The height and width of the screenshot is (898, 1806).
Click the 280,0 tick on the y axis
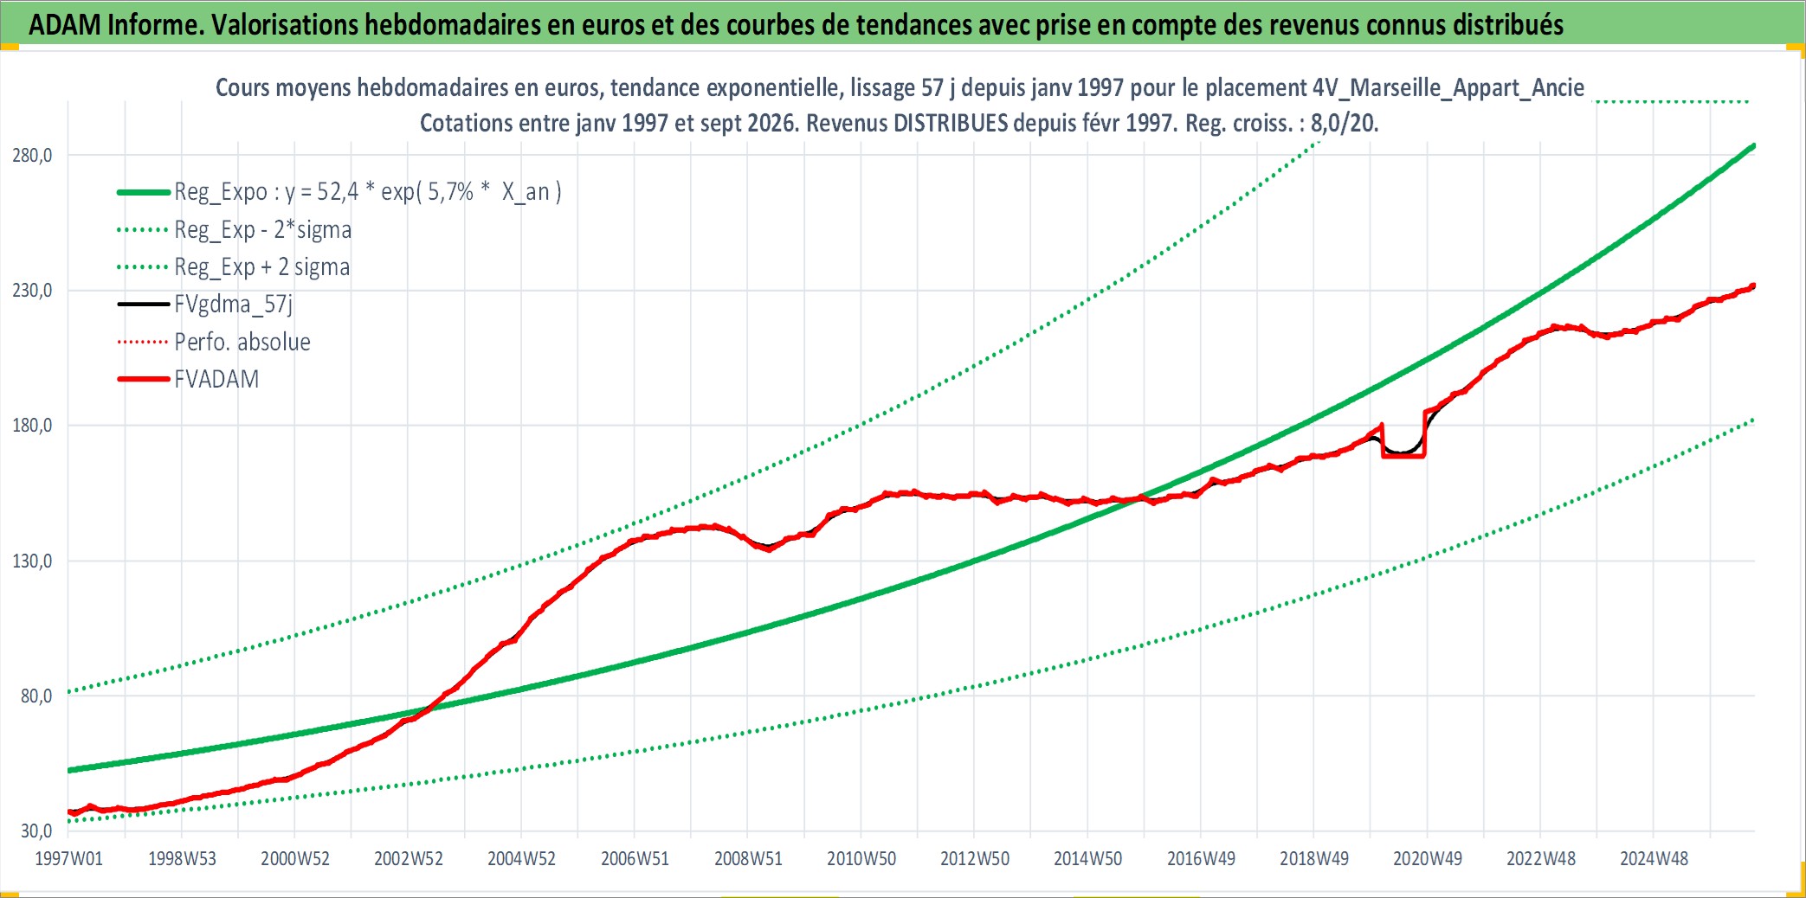pyautogui.click(x=32, y=156)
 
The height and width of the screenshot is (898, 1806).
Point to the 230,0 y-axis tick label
pyautogui.click(x=32, y=291)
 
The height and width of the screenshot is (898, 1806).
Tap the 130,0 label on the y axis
pyautogui.click(x=32, y=561)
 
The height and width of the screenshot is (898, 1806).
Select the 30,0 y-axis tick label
pyautogui.click(x=35, y=831)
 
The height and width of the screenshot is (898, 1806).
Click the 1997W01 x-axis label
pyautogui.click(x=68, y=858)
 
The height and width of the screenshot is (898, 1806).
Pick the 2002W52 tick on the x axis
pyautogui.click(x=409, y=858)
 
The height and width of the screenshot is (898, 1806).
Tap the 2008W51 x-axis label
pyautogui.click(x=748, y=858)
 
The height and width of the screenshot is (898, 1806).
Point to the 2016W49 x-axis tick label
pyautogui.click(x=1201, y=858)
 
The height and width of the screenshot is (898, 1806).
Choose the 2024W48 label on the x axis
pyautogui.click(x=1654, y=858)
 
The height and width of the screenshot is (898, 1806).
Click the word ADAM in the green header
pyautogui.click(x=65, y=25)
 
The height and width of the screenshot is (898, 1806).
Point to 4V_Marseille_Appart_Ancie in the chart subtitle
pyautogui.click(x=1448, y=87)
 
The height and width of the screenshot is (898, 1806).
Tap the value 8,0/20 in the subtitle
pyautogui.click(x=1343, y=123)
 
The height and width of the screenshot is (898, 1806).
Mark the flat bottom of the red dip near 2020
pyautogui.click(x=1403, y=455)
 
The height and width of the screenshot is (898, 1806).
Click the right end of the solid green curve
pyautogui.click(x=1753, y=146)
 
